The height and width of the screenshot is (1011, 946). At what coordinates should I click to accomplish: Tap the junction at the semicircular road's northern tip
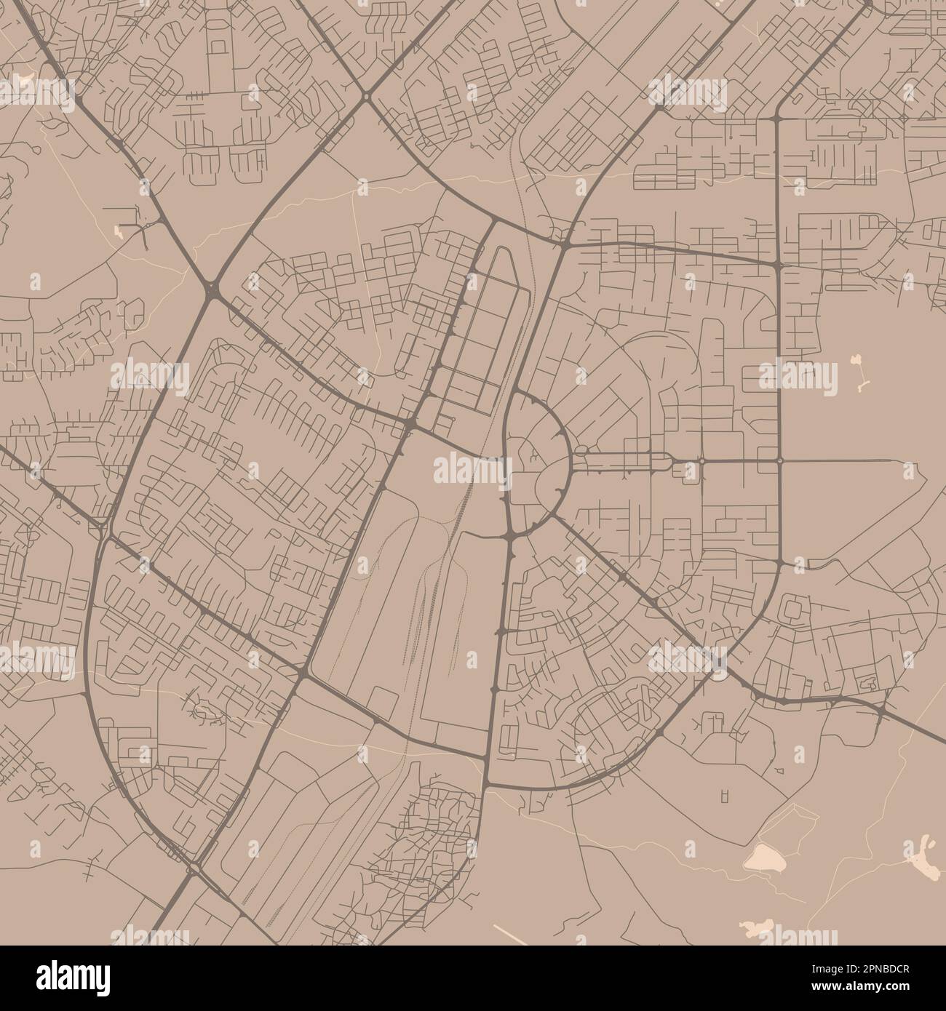pos(514,393)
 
